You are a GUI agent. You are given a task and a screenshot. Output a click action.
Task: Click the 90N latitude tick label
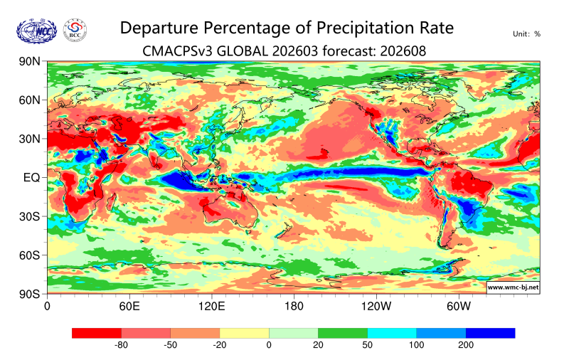coord(29,62)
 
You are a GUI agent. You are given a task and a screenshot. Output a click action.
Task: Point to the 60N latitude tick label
coord(29,100)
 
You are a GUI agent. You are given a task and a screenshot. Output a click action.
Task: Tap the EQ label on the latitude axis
coord(32,177)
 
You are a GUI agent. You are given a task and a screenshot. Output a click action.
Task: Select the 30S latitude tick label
coord(29,216)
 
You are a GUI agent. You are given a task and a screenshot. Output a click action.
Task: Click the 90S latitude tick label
coord(29,293)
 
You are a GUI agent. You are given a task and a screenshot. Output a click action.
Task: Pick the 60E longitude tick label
coord(129,307)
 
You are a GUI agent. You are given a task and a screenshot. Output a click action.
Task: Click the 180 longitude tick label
coord(294,307)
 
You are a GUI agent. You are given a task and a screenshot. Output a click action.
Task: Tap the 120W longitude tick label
coord(376,307)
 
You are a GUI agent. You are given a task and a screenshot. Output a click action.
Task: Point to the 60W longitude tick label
coord(459,307)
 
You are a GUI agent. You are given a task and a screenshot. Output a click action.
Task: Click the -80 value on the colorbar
coord(121,345)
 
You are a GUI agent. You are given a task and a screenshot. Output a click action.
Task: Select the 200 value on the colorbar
coord(466,345)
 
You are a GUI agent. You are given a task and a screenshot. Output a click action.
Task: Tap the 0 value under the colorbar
coord(269,345)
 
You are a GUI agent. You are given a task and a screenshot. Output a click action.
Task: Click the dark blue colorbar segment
coord(490,332)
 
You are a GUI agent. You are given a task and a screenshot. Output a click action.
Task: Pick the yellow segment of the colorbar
coord(244,332)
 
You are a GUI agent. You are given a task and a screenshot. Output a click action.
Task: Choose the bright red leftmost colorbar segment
coord(97,332)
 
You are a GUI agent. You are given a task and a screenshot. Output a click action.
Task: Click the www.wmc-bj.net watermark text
coord(512,287)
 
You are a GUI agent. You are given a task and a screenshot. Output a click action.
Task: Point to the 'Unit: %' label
coord(526,33)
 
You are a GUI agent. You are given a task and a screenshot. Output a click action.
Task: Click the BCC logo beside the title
coord(75,31)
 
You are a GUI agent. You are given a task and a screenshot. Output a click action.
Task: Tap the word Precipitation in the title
coord(345,28)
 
